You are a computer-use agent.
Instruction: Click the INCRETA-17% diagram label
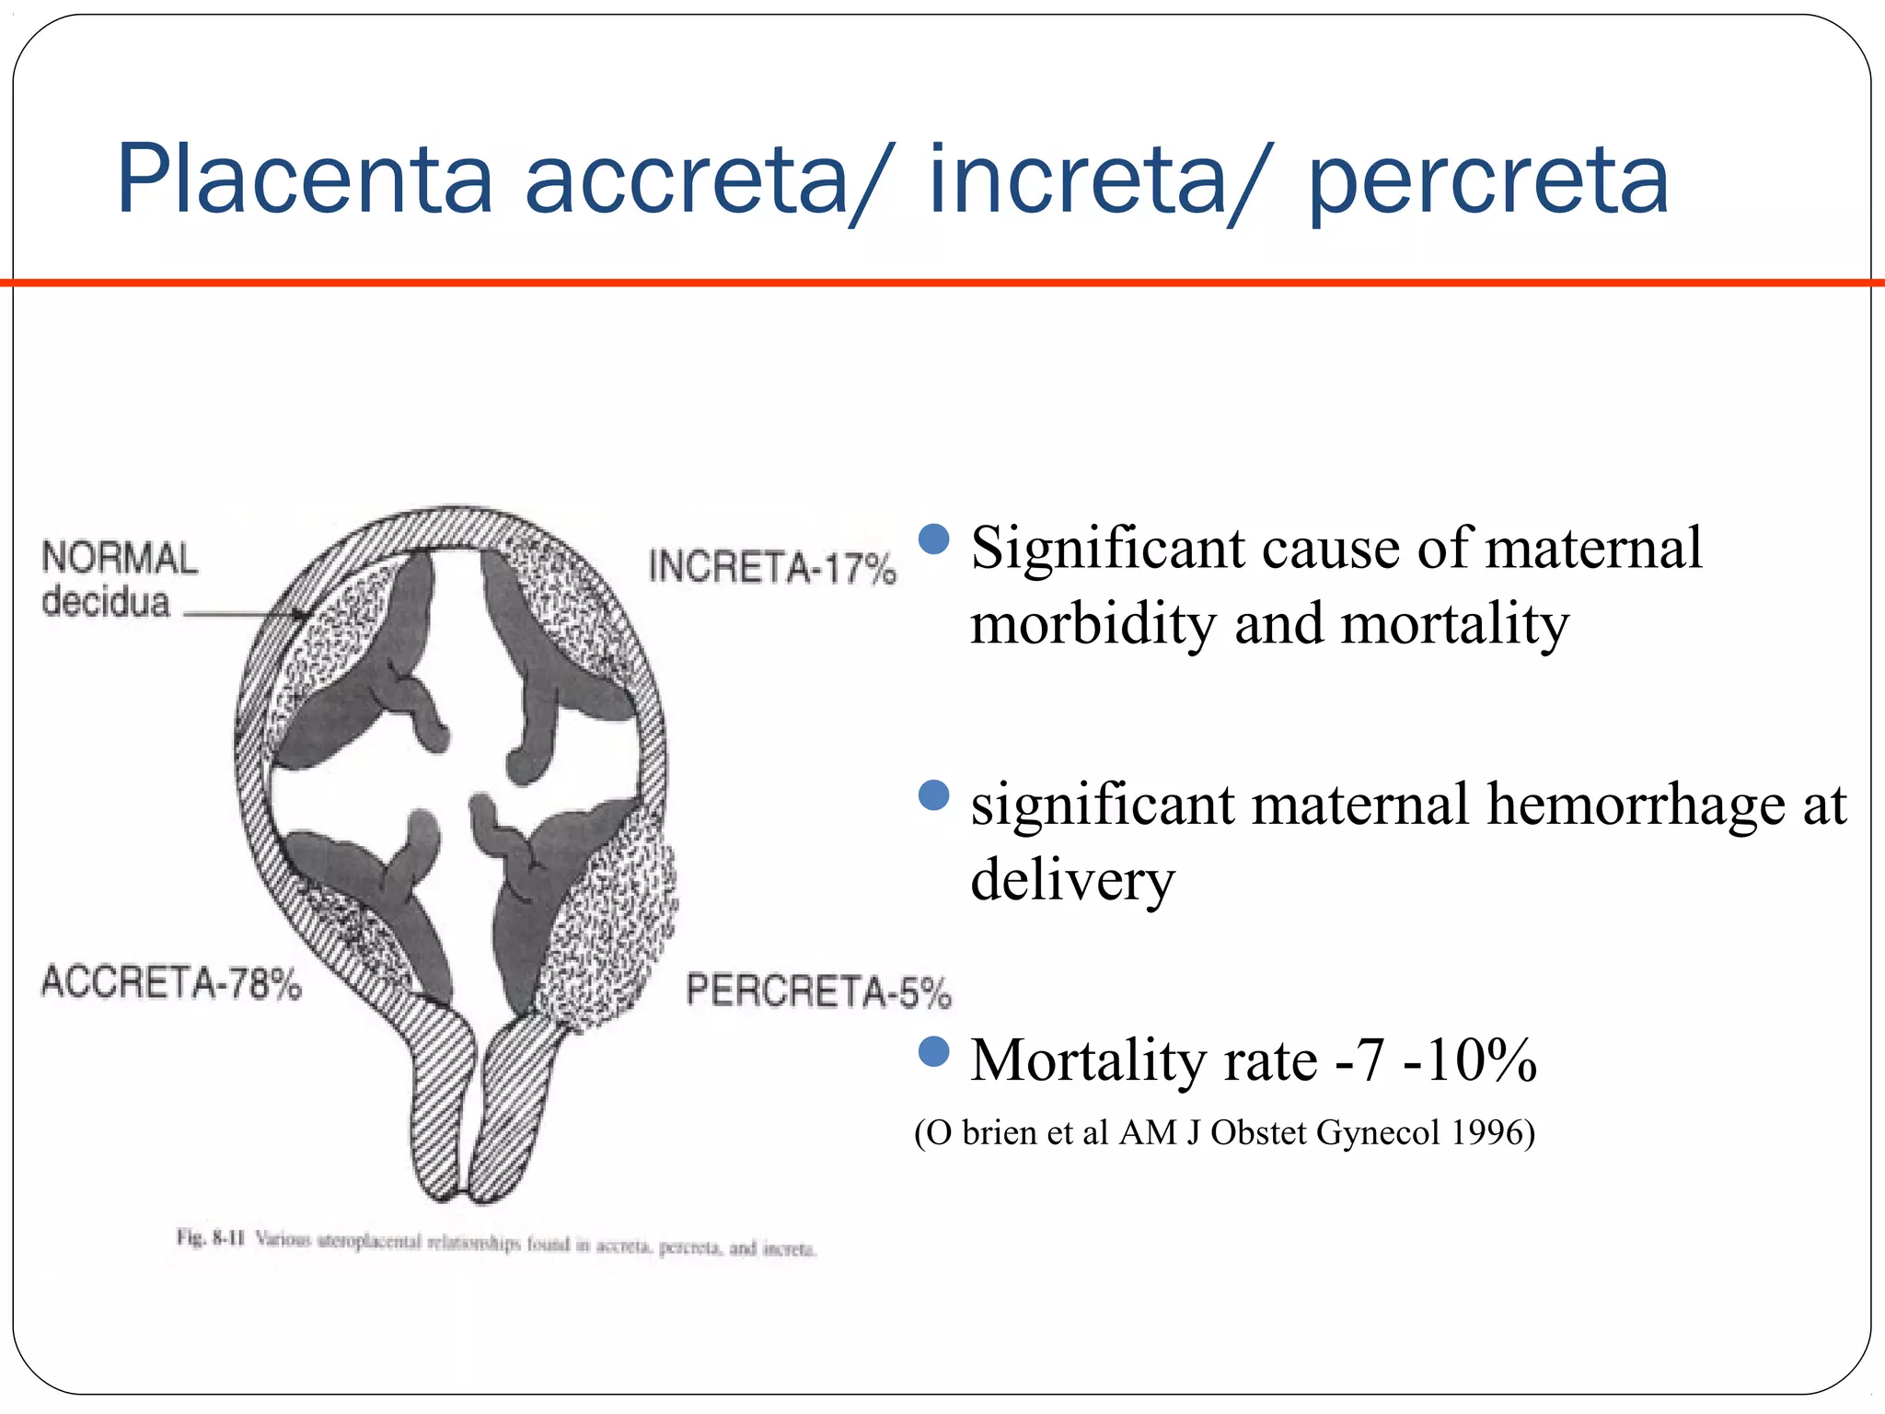pyautogui.click(x=771, y=567)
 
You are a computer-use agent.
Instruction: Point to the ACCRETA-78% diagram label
pyautogui.click(x=171, y=983)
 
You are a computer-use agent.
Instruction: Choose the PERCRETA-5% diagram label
pyautogui.click(x=818, y=991)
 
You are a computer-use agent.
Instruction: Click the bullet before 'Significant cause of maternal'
pyautogui.click(x=933, y=539)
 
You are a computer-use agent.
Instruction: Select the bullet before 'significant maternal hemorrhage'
pyautogui.click(x=933, y=795)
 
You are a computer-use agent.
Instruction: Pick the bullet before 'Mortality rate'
pyautogui.click(x=933, y=1051)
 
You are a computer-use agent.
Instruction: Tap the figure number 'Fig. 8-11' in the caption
pyautogui.click(x=211, y=1238)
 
